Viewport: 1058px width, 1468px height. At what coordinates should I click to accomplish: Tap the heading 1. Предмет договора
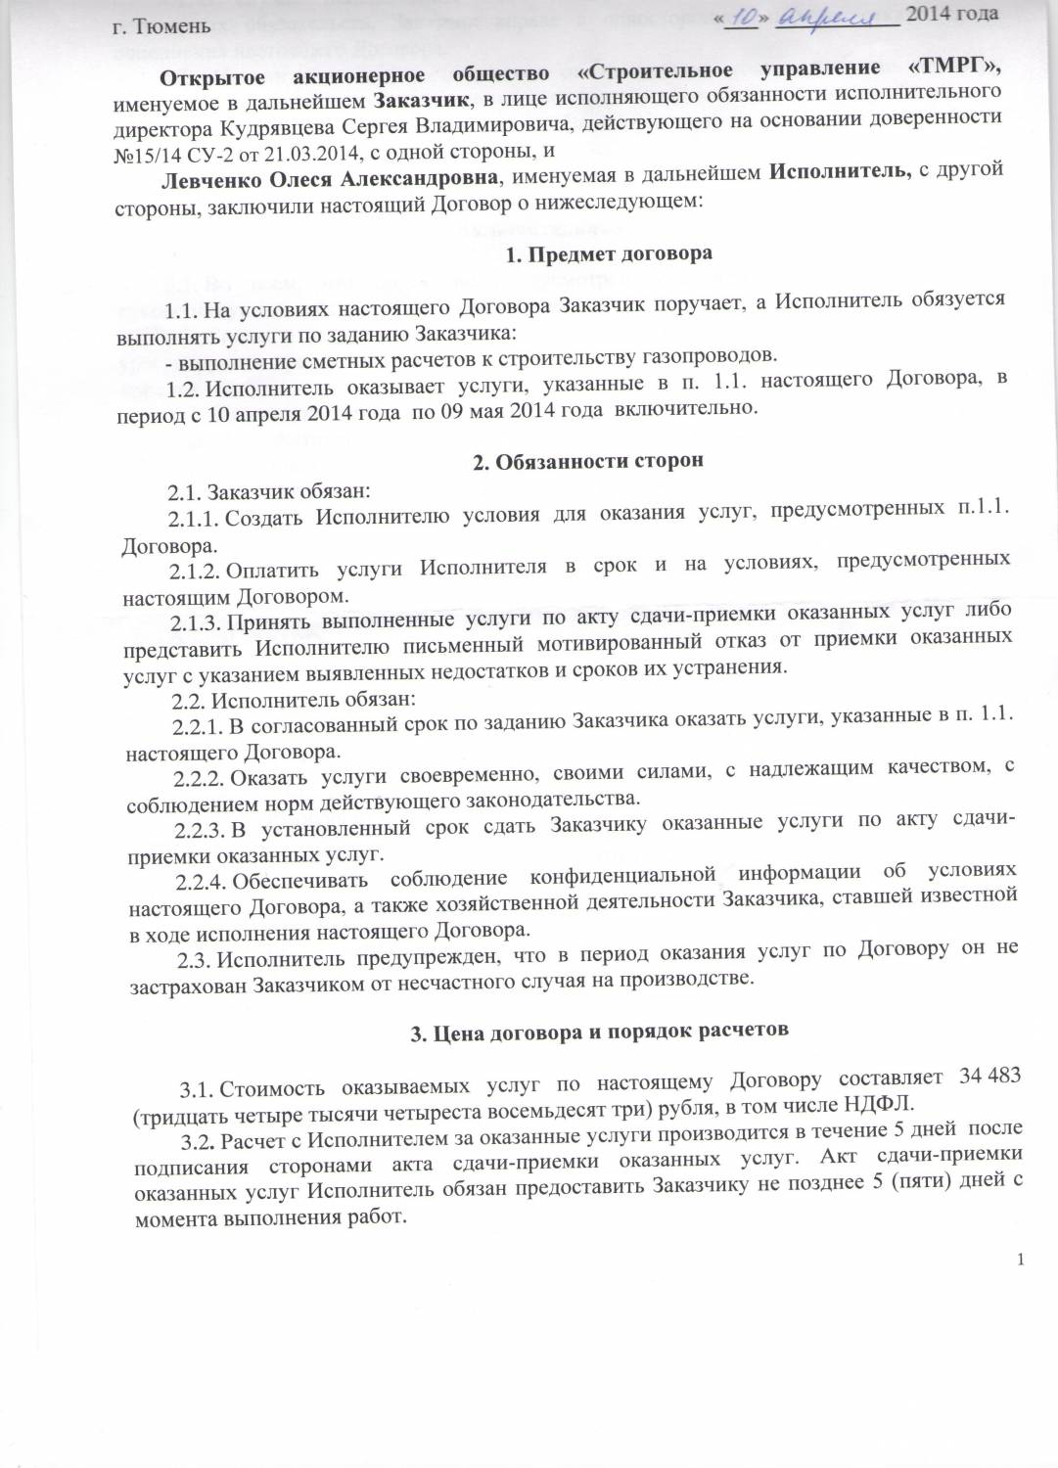609,253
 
